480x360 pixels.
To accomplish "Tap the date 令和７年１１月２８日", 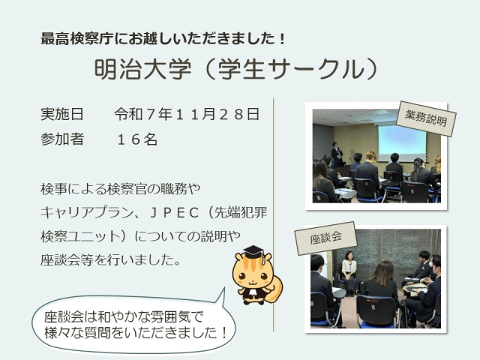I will [x=187, y=115].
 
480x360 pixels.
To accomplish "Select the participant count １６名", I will [x=136, y=139].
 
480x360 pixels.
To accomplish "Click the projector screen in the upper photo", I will [x=401, y=142].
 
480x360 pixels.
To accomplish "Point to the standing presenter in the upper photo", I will [x=337, y=153].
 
